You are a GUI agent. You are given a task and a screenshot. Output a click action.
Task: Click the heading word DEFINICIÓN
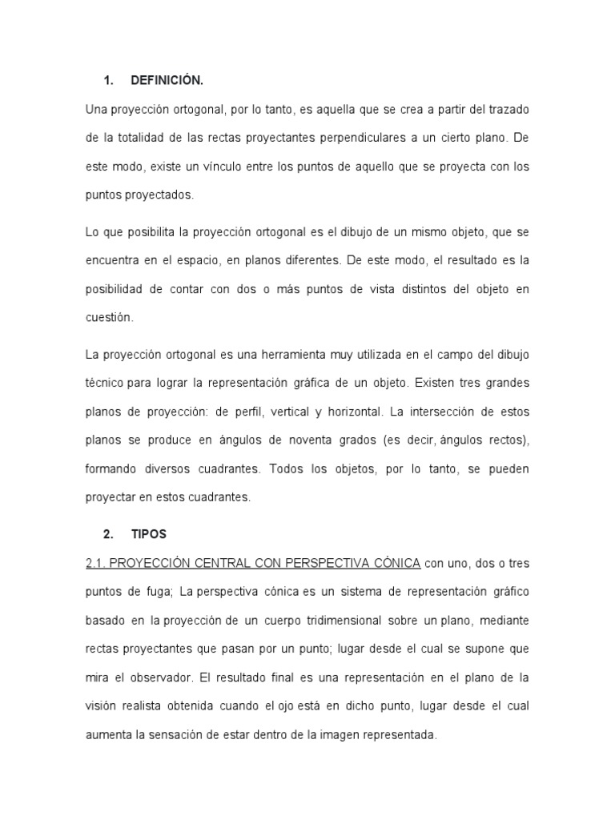tap(163, 80)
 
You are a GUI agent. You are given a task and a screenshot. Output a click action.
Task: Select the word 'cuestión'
tap(108, 317)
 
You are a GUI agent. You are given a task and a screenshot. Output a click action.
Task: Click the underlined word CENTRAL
tap(218, 564)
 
